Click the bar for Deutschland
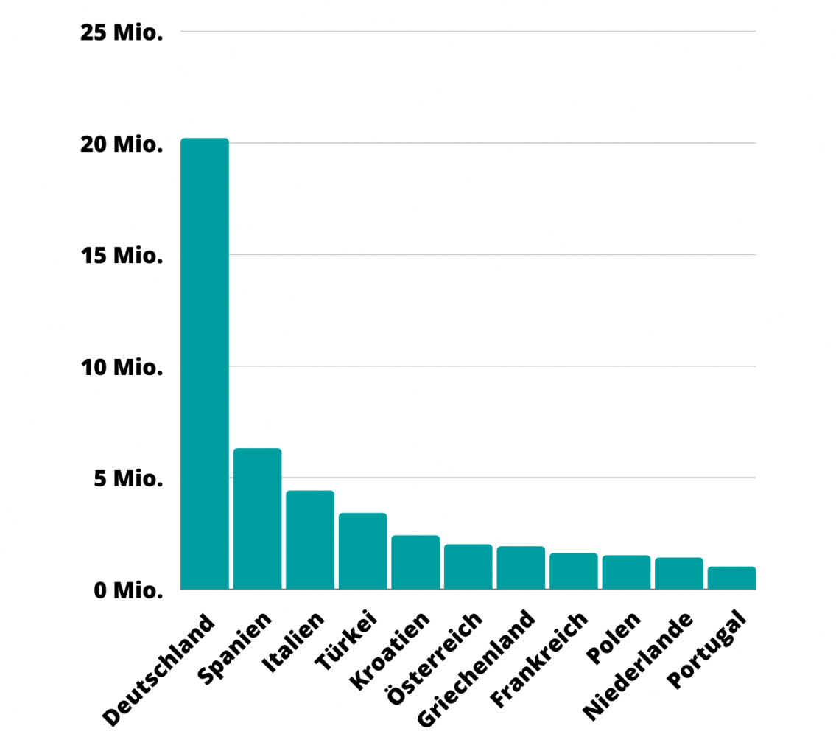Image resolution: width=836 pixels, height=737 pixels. (x=205, y=363)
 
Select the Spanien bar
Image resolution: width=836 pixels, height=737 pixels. (x=258, y=519)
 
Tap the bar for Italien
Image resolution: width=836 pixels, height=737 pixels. (x=310, y=540)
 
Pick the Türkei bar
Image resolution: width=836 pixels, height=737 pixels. (x=363, y=551)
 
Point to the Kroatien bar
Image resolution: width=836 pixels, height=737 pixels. (x=416, y=562)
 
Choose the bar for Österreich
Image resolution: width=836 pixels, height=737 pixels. (x=468, y=567)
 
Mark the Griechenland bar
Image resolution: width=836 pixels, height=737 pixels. (x=521, y=567)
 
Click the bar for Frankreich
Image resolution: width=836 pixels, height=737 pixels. (x=574, y=571)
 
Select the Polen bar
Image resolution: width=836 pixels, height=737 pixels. (x=627, y=572)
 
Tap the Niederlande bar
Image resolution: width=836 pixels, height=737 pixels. (x=679, y=573)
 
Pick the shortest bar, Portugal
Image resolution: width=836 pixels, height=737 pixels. (x=732, y=578)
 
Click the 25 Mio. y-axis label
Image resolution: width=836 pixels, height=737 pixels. (x=122, y=32)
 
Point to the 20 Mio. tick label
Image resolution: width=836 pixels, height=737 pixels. (x=122, y=144)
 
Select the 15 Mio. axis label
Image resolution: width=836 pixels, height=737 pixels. (x=122, y=256)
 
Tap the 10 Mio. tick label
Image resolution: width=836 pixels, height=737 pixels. (x=122, y=367)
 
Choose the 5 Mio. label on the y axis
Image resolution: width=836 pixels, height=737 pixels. (x=128, y=479)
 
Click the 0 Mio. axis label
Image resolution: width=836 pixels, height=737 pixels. (x=128, y=590)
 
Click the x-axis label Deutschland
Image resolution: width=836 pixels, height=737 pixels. (x=158, y=670)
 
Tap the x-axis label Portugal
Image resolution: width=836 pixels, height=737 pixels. (x=707, y=649)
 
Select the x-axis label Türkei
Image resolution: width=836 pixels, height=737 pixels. (x=347, y=640)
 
